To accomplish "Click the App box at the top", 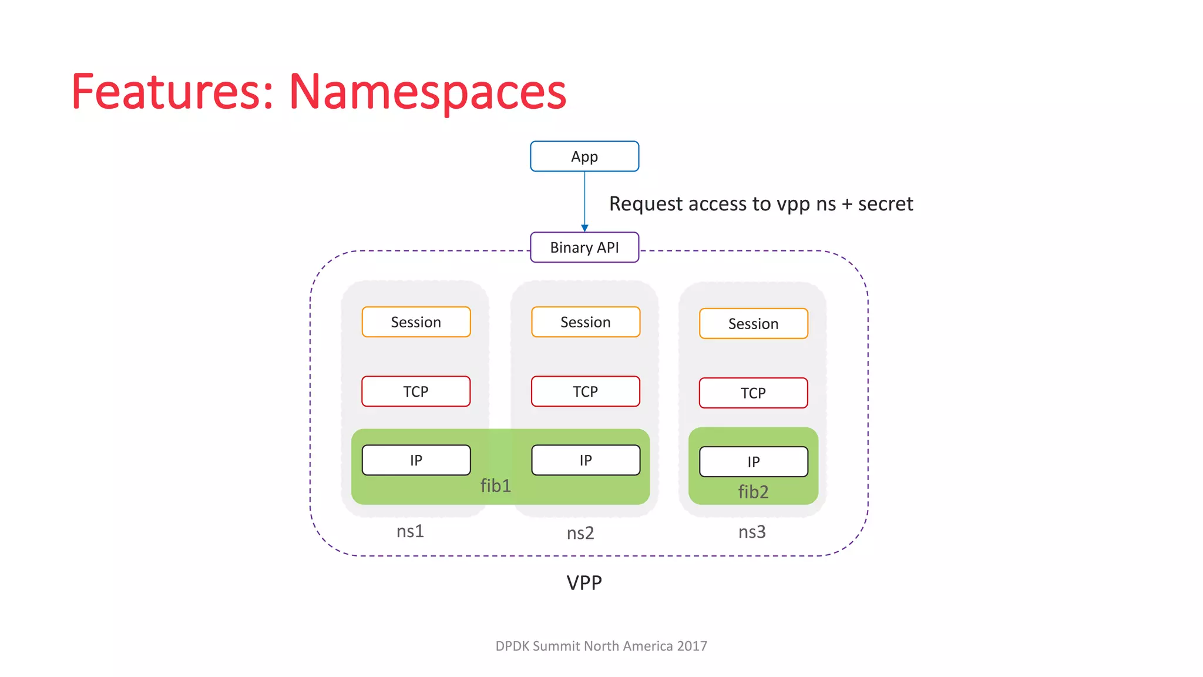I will [584, 156].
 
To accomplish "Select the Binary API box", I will [584, 247].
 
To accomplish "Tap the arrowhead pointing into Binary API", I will [584, 228].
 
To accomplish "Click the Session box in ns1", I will [416, 322].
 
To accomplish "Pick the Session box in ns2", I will [586, 322].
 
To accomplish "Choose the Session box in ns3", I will [753, 324].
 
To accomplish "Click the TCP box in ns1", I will [416, 391].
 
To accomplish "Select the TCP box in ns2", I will [586, 391].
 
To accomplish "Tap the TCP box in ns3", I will [753, 393].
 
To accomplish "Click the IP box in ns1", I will [416, 460].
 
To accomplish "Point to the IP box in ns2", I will [586, 460].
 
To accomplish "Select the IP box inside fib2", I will [753, 462].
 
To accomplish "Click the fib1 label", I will [496, 486].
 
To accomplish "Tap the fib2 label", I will [753, 492].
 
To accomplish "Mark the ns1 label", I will [410, 531].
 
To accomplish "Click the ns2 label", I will [580, 533].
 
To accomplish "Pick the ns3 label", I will [752, 532].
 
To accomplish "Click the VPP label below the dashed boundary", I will [584, 583].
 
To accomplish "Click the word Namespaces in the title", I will [427, 92].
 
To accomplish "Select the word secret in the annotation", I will [885, 204].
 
